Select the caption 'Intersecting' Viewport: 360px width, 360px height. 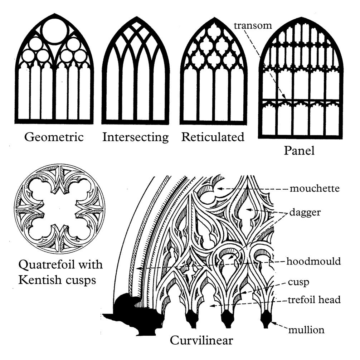tap(135, 137)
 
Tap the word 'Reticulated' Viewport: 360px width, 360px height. tap(213, 137)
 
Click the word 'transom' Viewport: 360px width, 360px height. tap(253, 26)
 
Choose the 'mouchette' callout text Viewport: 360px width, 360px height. tap(314, 188)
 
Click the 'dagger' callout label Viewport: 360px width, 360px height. tap(306, 212)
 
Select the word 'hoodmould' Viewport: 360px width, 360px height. tap(313, 261)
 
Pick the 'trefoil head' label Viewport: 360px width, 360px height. tap(314, 300)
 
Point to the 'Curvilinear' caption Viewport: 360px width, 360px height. tap(201, 340)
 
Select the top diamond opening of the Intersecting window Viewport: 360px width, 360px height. tap(135, 25)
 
